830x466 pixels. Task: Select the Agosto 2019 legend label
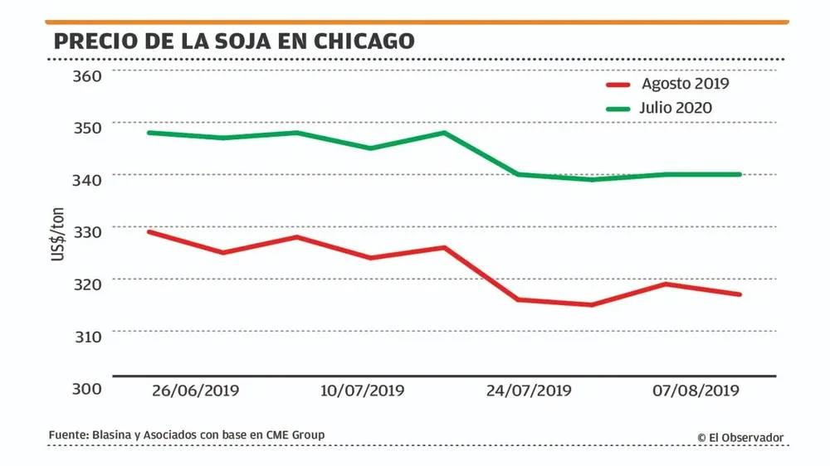(685, 83)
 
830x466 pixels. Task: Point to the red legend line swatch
(619, 84)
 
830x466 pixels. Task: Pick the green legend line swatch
(619, 109)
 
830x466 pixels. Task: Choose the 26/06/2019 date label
(198, 391)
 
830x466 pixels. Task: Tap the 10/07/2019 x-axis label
(363, 391)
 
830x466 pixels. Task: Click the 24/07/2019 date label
(529, 391)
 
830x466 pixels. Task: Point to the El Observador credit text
(740, 438)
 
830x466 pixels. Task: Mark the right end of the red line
(740, 294)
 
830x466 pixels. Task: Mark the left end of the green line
(149, 133)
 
